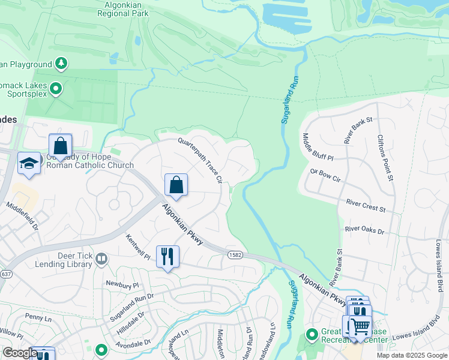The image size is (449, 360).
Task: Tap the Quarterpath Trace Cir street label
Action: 200,160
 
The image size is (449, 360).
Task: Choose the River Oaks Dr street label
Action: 364,230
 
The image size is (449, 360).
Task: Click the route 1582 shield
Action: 235,255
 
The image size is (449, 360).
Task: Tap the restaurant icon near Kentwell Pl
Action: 167,256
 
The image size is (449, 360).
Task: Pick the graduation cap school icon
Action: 29,163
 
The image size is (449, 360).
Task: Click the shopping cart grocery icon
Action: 359,326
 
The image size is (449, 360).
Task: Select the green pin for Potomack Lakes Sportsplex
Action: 56,89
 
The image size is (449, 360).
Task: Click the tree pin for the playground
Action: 61,63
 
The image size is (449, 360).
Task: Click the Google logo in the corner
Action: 20,353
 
